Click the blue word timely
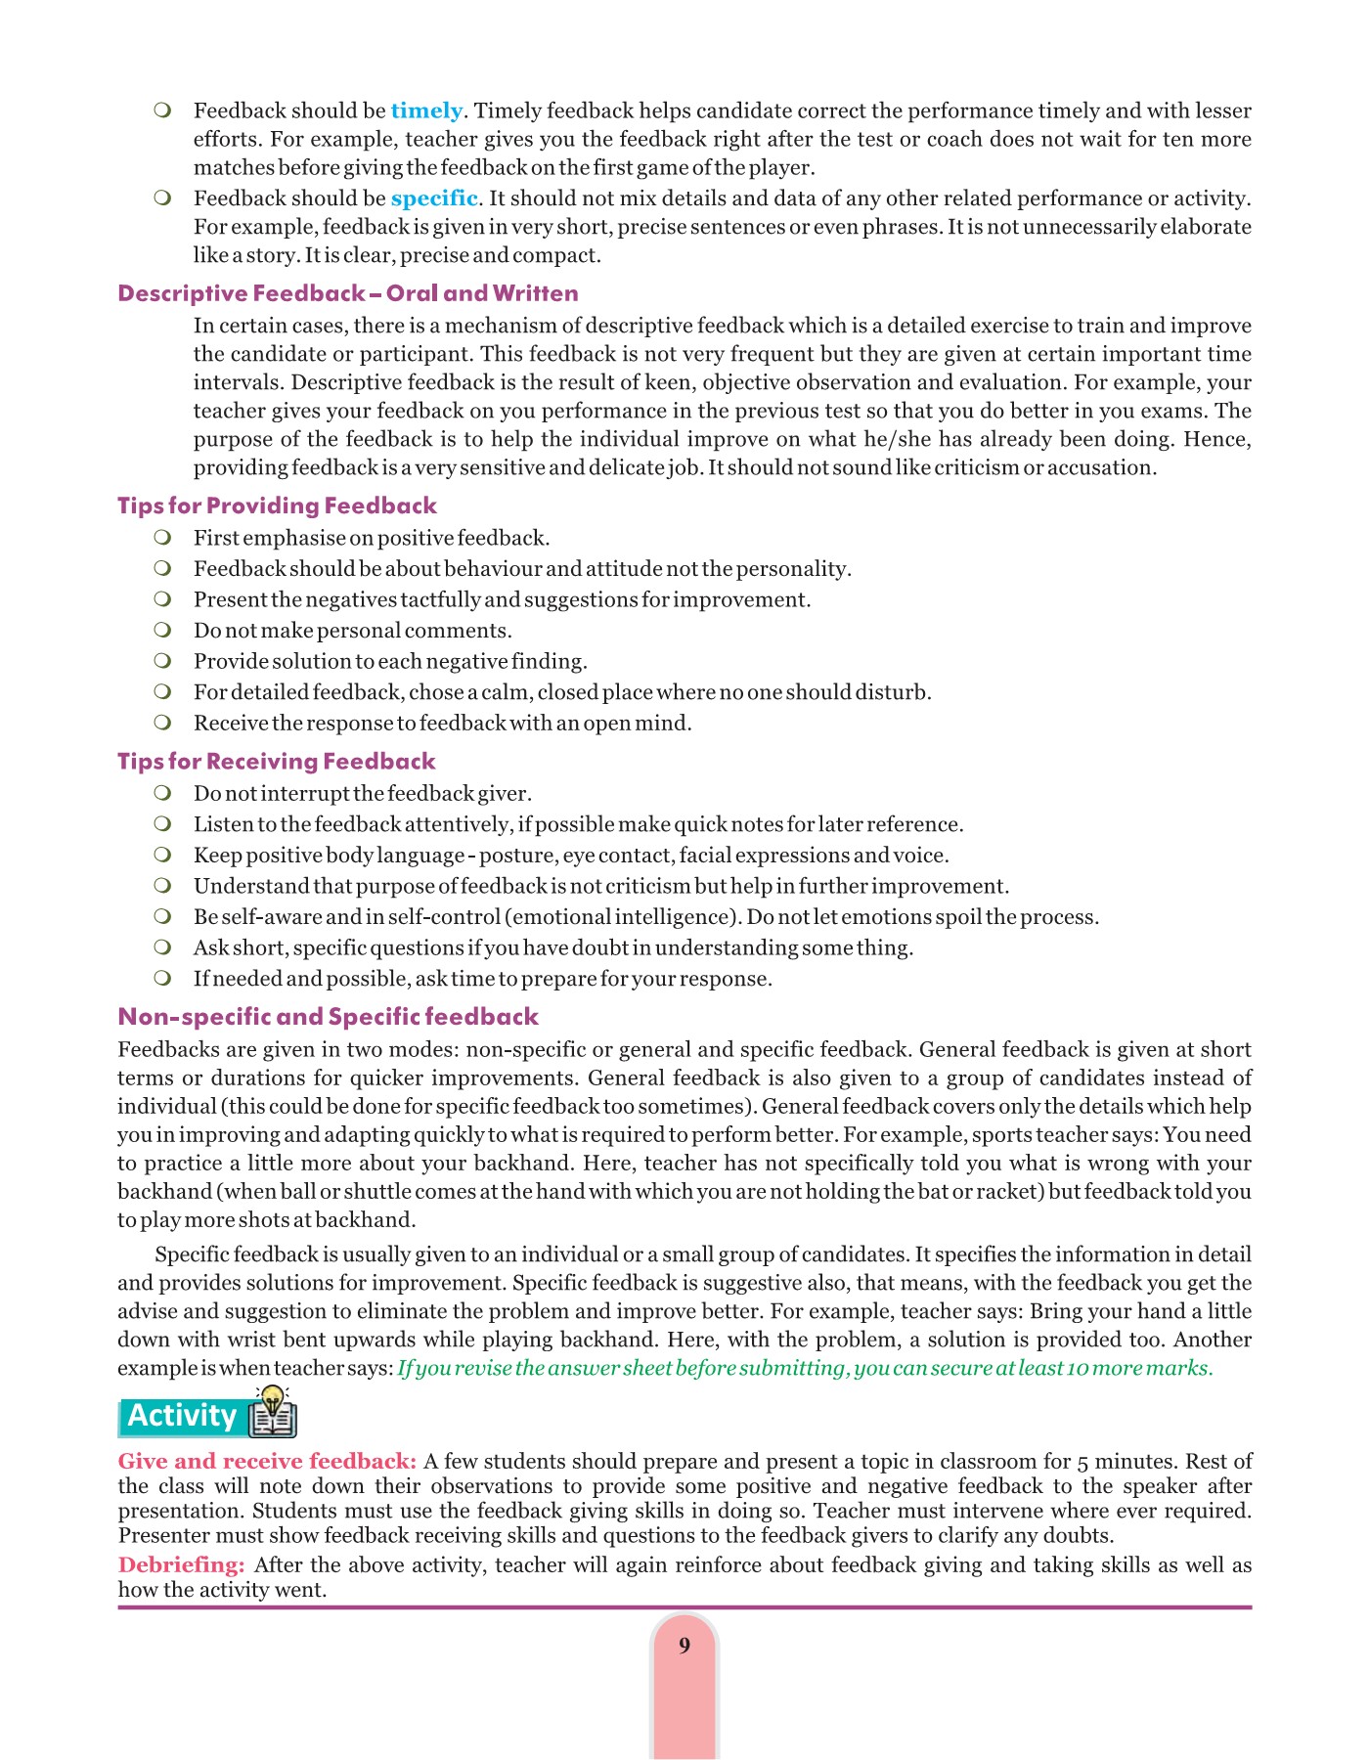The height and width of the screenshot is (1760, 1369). [426, 110]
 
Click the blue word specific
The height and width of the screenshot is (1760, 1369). [434, 198]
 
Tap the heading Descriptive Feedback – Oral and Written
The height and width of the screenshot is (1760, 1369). [347, 293]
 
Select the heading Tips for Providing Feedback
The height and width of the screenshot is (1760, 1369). [277, 506]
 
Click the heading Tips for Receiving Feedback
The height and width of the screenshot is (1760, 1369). [276, 761]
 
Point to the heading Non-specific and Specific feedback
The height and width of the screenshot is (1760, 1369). [328, 1017]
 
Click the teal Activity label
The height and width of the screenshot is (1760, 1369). [183, 1416]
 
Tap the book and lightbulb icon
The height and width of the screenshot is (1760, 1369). [272, 1411]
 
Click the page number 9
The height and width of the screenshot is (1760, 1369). [684, 1645]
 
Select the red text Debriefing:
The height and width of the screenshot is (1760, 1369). [181, 1564]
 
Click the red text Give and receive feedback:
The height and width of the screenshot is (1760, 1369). [267, 1461]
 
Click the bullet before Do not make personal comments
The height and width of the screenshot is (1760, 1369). [162, 630]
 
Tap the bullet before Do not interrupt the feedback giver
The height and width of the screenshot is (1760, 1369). [162, 792]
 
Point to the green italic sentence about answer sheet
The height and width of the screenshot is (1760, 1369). [805, 1368]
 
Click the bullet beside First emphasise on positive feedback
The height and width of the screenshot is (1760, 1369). [162, 537]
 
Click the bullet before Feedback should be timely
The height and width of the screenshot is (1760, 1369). [162, 110]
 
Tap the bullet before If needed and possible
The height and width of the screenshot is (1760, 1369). [162, 978]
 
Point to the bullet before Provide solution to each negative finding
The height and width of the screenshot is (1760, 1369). [162, 661]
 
